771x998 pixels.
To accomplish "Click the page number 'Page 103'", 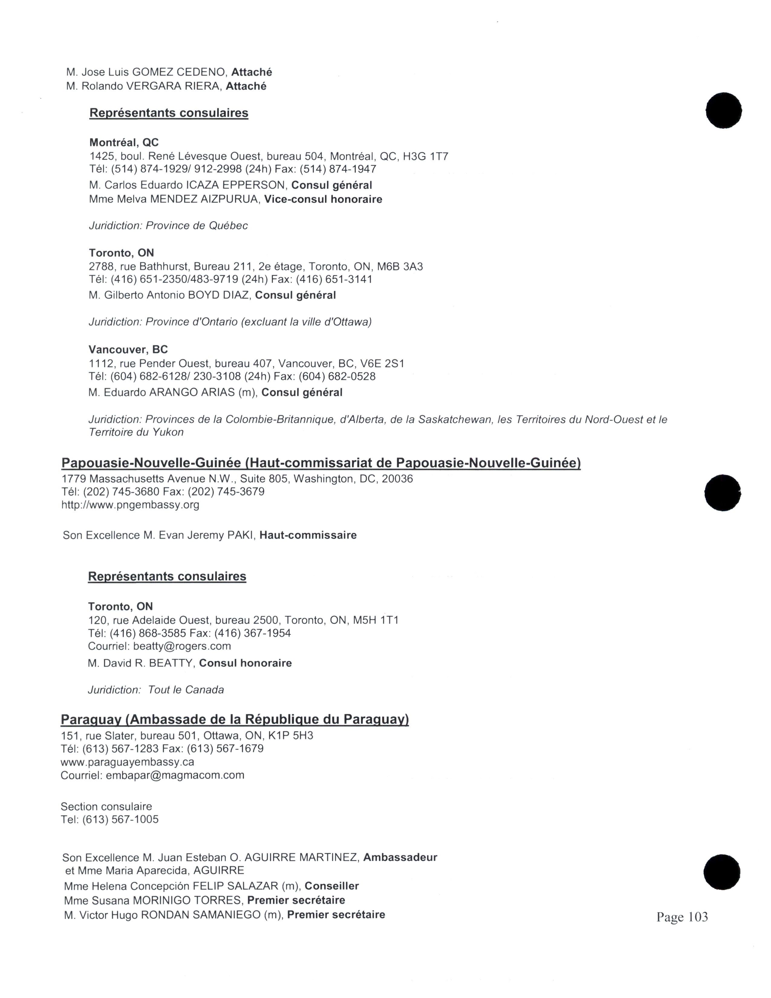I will coord(682,917).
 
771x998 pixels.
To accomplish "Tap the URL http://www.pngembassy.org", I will coord(130,505).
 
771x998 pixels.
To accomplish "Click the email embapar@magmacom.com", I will coord(175,775).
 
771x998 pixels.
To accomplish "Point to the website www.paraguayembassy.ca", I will coord(127,762).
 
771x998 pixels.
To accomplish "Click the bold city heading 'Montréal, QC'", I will coord(124,142).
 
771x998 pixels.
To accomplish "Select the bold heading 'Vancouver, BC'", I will coord(128,350).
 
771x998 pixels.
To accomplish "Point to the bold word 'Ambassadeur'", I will coord(400,857).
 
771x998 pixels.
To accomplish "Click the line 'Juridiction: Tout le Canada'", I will coord(156,690).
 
